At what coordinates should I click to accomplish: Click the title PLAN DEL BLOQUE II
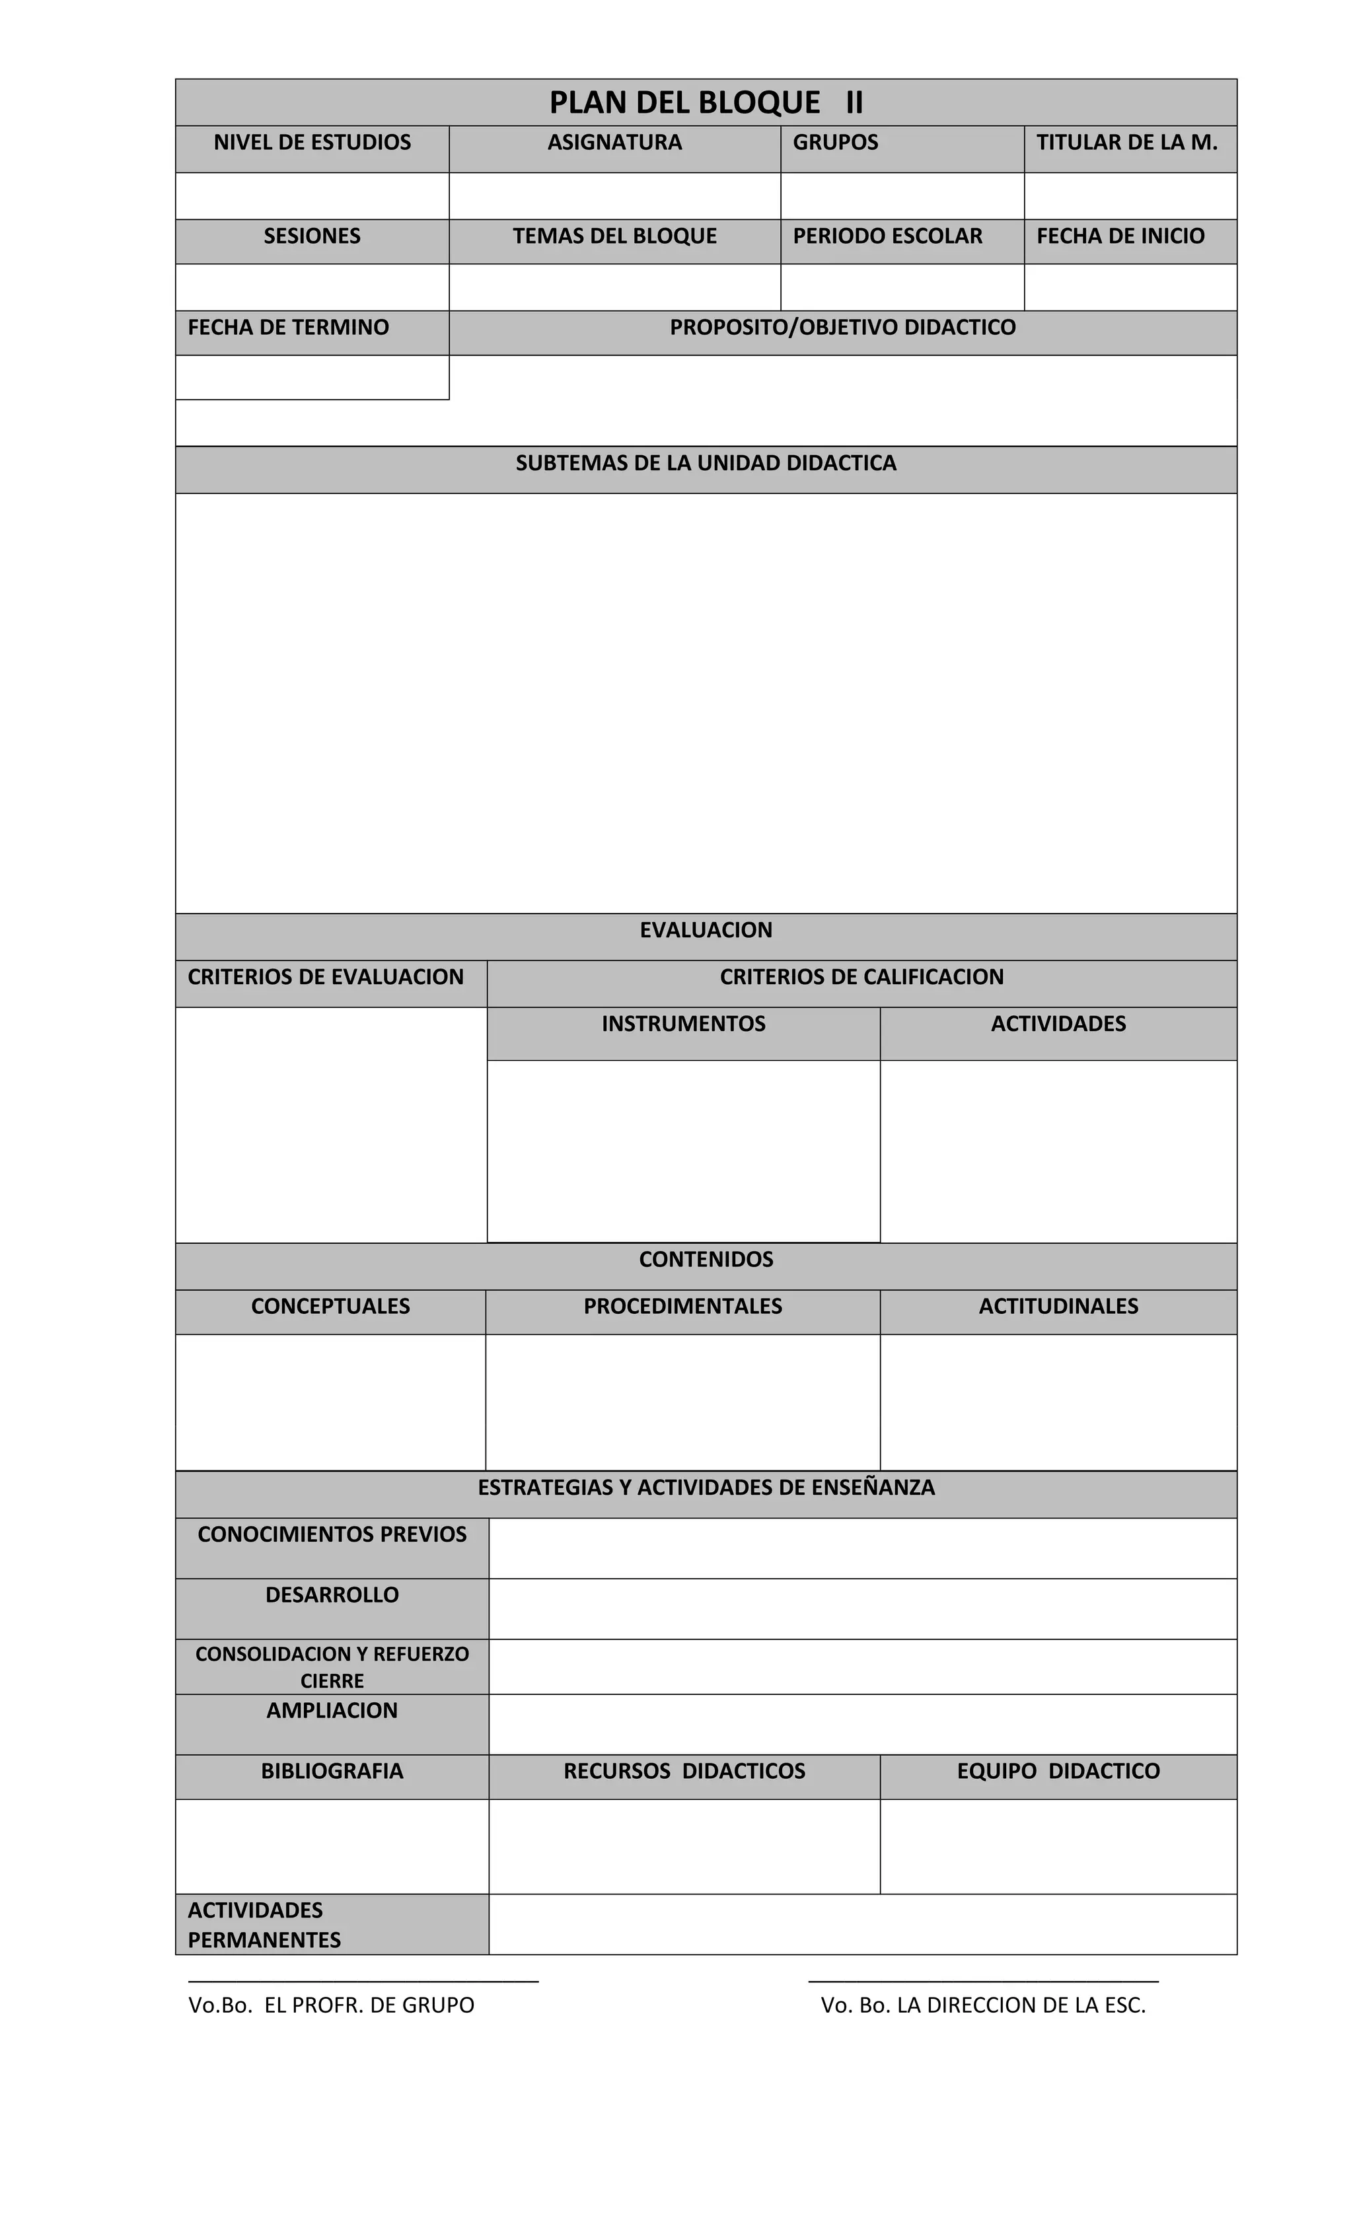click(706, 102)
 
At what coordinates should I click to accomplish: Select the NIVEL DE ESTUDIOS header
click(312, 142)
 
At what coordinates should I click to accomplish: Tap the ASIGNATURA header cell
click(614, 142)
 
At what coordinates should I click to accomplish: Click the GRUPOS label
click(835, 142)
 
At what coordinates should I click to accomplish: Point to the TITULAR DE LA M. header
click(1126, 142)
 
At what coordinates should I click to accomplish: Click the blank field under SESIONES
click(312, 287)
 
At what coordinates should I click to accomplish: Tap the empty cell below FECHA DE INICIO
click(1130, 287)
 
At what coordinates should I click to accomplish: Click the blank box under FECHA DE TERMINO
click(312, 377)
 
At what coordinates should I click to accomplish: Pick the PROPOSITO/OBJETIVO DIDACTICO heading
click(842, 328)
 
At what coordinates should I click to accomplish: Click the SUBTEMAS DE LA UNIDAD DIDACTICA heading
click(706, 463)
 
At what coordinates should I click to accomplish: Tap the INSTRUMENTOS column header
click(683, 1024)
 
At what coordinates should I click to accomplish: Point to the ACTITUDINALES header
click(1057, 1306)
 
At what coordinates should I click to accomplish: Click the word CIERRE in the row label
click(332, 1681)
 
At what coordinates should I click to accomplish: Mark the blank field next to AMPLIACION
click(862, 1723)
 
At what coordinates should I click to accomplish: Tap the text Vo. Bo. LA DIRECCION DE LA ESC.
click(982, 2005)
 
